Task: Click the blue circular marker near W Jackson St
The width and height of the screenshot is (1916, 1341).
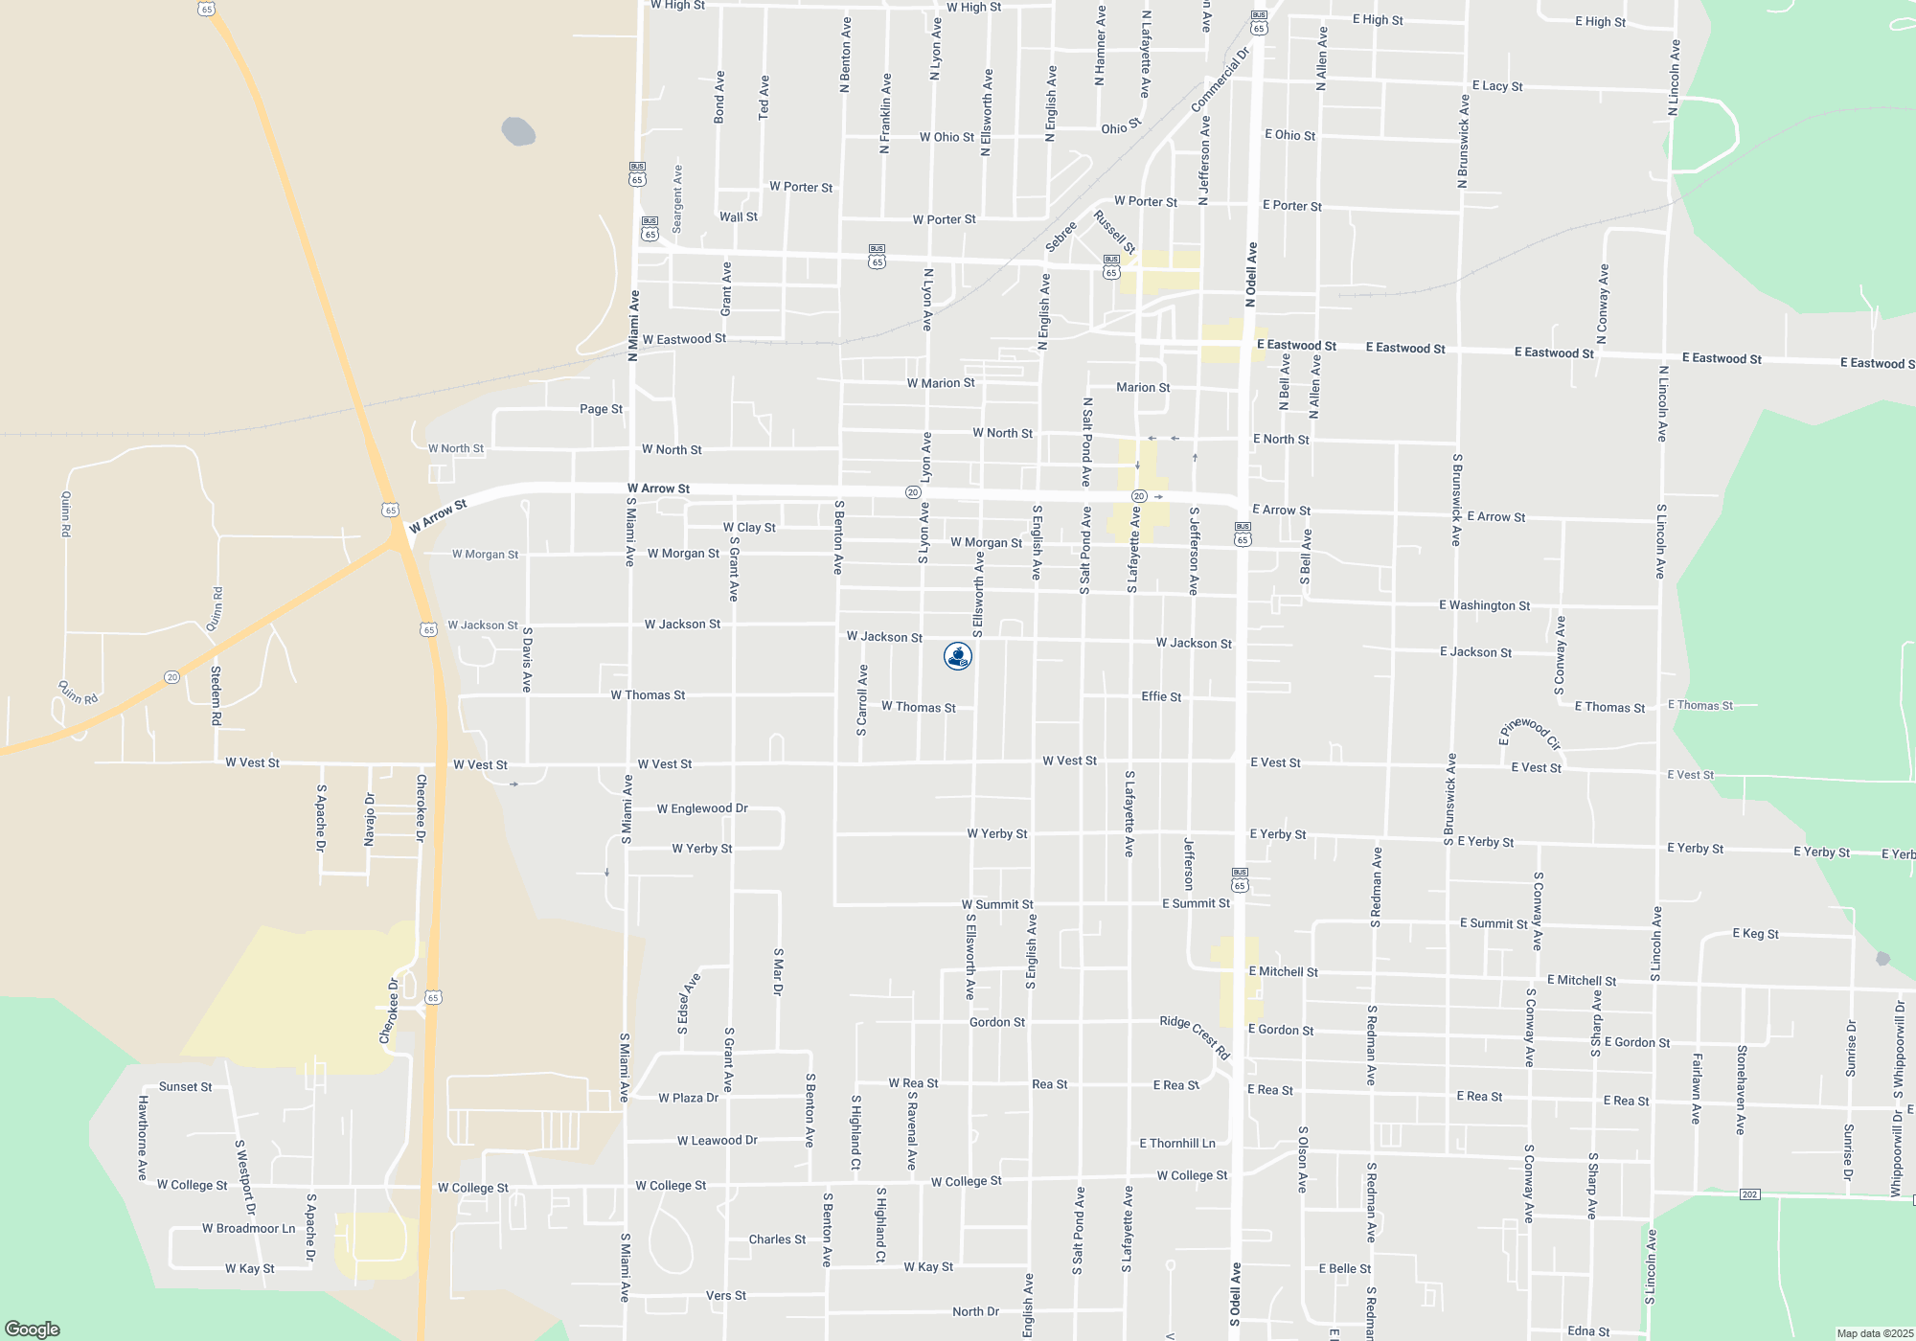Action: coord(958,656)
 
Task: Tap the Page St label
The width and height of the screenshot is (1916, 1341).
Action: coord(601,409)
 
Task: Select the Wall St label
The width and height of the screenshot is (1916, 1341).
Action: coord(739,217)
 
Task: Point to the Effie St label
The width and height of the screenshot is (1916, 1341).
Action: coord(1161,696)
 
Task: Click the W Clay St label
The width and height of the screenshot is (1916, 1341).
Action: coord(749,528)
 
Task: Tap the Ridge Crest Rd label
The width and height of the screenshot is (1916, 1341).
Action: coord(1195,1037)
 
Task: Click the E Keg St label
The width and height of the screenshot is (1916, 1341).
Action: coord(1755,934)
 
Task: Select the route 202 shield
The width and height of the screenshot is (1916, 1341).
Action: coord(1750,1194)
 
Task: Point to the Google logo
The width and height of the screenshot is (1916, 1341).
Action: coord(33,1330)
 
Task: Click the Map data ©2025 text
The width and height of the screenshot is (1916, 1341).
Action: coord(1875,1333)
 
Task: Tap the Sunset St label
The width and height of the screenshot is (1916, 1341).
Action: coord(185,1087)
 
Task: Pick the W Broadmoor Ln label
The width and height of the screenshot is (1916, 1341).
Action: coord(248,1229)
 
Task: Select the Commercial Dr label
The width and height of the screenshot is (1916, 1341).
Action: coord(1220,80)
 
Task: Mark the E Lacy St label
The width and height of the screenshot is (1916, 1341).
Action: coord(1496,86)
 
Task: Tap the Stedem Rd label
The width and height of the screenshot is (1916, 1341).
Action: coord(216,695)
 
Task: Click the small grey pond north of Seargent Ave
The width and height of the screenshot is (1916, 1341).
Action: coord(518,131)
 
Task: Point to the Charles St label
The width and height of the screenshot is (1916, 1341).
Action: coord(777,1239)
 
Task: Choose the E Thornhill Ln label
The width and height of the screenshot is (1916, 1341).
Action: coord(1176,1144)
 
